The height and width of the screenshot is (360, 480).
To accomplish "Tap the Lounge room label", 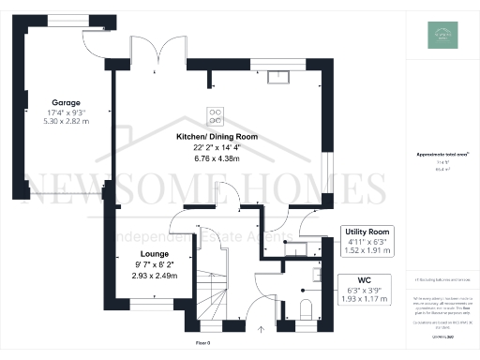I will click(155, 254).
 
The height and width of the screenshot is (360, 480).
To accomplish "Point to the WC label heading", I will click(366, 278).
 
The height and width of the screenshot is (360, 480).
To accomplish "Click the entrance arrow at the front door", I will click(263, 329).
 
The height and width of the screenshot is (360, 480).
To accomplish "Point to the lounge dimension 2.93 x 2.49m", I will click(155, 277).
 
